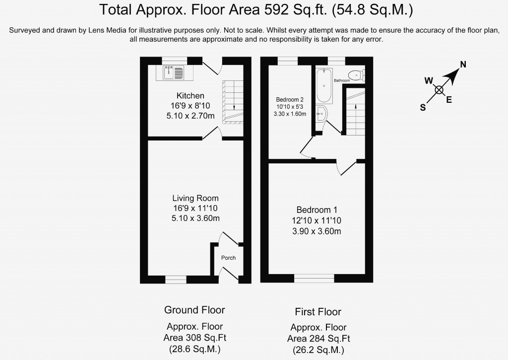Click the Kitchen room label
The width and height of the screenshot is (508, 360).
pyautogui.click(x=190, y=96)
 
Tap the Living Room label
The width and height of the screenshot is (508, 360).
pyautogui.click(x=195, y=198)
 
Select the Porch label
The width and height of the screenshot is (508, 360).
pyautogui.click(x=228, y=258)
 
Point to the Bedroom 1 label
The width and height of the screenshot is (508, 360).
pyautogui.click(x=317, y=210)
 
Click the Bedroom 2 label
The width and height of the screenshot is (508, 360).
pyautogui.click(x=290, y=100)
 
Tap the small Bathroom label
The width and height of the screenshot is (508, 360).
pyautogui.click(x=342, y=80)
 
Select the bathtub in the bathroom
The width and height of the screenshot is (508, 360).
pyautogui.click(x=324, y=85)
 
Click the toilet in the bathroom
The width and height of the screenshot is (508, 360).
pyautogui.click(x=357, y=75)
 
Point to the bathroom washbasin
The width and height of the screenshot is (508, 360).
pyautogui.click(x=321, y=114)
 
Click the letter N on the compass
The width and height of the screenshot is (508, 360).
pyautogui.click(x=463, y=65)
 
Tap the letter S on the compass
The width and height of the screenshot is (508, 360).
pyautogui.click(x=423, y=108)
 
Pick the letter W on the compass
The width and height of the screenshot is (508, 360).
pyautogui.click(x=429, y=80)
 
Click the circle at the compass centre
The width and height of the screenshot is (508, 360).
pyautogui.click(x=439, y=90)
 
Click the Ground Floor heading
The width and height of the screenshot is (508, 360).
pyautogui.click(x=194, y=310)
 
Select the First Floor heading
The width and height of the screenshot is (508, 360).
pyautogui.click(x=318, y=312)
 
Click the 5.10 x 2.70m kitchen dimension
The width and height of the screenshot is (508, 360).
pyautogui.click(x=190, y=116)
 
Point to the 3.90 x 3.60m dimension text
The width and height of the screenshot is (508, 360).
pyautogui.click(x=317, y=231)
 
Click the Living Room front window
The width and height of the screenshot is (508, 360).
pyautogui.click(x=176, y=279)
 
